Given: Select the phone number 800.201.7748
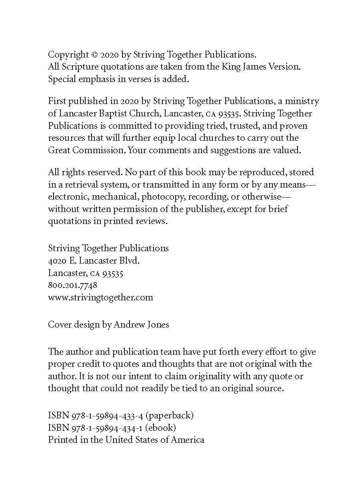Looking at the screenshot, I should (x=72, y=286).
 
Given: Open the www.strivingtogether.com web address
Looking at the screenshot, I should (x=100, y=298).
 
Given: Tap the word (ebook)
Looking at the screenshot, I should (x=160, y=428).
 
